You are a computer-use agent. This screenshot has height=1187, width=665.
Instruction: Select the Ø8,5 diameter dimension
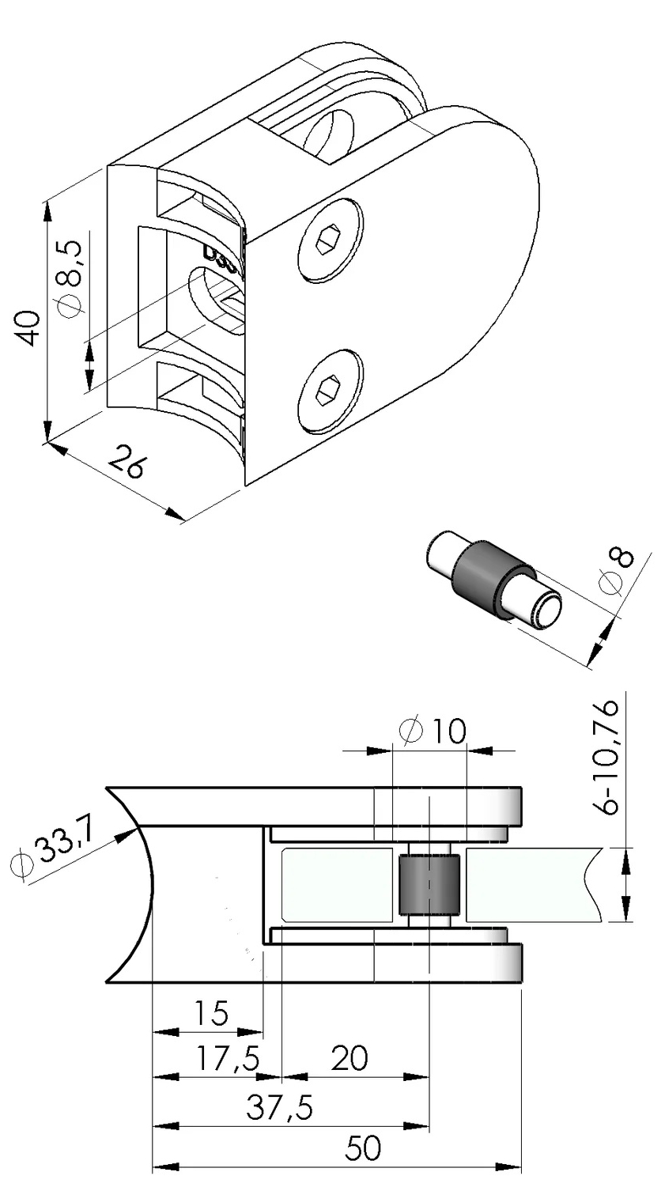coord(70,280)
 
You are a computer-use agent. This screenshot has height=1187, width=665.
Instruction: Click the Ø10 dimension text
coord(434,731)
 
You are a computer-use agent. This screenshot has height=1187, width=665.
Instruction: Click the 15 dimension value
coord(210,1013)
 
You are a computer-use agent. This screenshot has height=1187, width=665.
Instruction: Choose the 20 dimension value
coord(349,1060)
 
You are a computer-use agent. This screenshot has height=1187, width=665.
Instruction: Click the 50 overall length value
coord(362,1149)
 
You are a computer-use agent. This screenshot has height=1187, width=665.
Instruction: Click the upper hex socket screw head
coord(331,240)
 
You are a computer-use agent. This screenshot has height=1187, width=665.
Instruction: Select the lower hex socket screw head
coord(331,391)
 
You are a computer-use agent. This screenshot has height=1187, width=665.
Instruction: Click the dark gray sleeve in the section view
coord(428,884)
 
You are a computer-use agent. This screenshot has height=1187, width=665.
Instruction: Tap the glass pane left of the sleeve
coord(338,884)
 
